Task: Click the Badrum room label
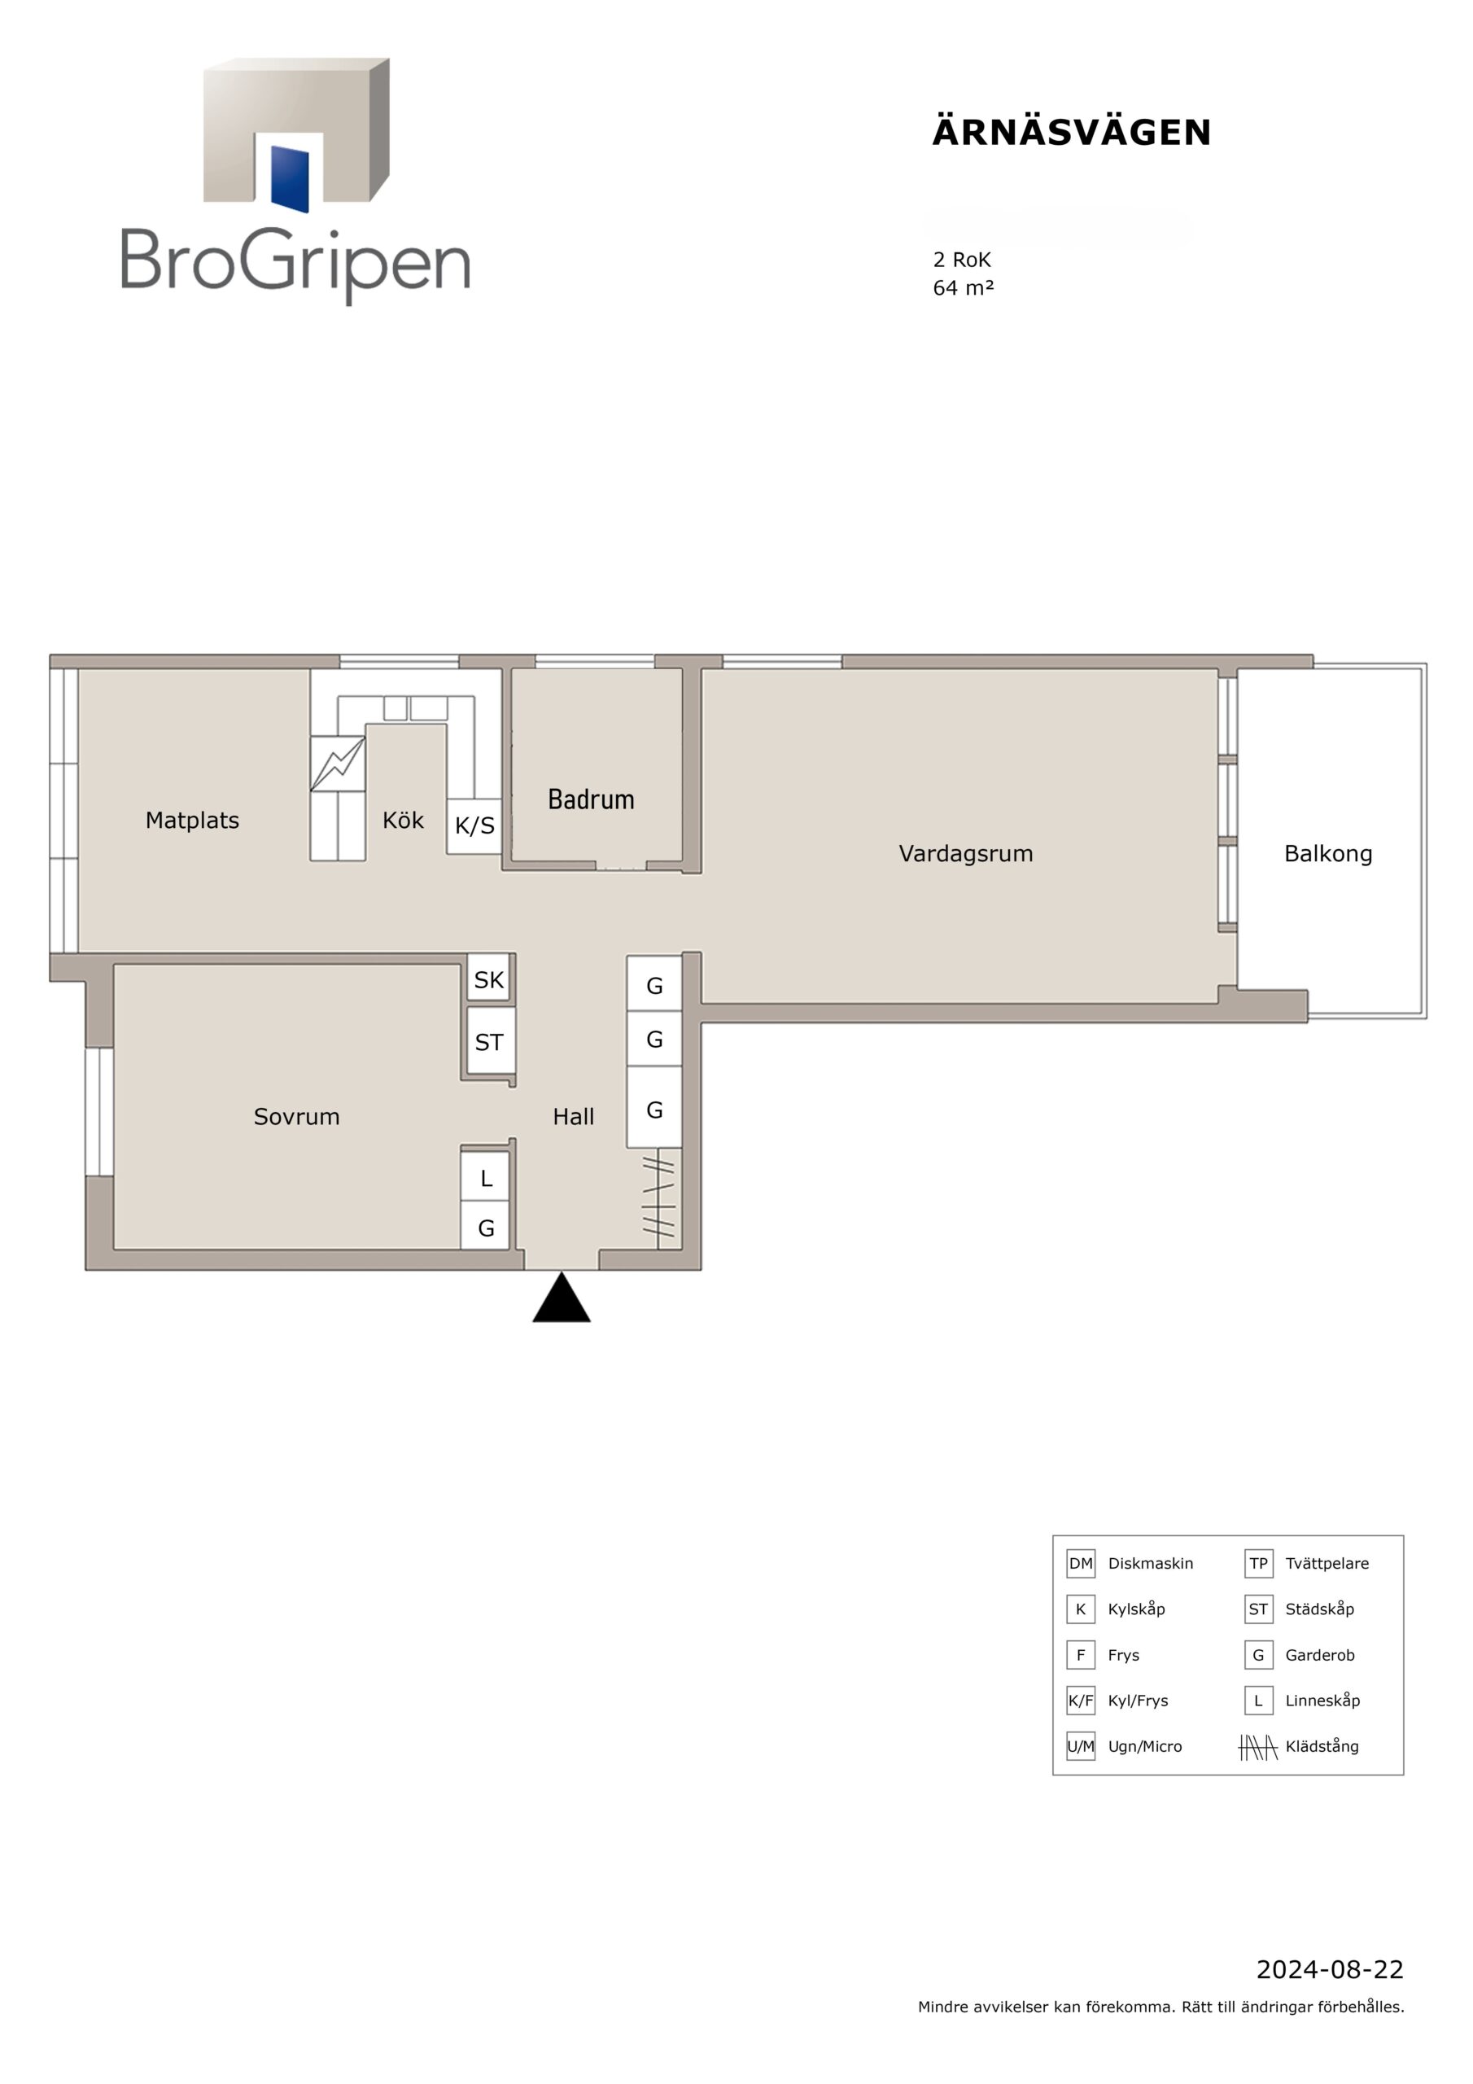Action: pos(591,799)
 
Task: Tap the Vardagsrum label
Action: pos(966,853)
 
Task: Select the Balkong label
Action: pos(1328,854)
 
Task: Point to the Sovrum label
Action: pos(297,1116)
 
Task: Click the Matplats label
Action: pos(192,821)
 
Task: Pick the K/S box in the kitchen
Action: pos(474,826)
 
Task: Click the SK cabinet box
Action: pos(488,979)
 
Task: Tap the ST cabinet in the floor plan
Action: pos(489,1042)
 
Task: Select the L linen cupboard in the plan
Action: pos(486,1178)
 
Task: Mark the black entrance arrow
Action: pos(562,1298)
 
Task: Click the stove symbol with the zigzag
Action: pos(338,764)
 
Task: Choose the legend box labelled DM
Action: pos(1080,1563)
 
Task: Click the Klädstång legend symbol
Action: pos(1258,1747)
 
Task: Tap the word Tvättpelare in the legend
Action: pos(1327,1563)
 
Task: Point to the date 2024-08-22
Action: pos(1330,1970)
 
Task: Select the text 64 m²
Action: pos(963,287)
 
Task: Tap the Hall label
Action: pos(574,1116)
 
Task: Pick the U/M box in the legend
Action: pos(1080,1746)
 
